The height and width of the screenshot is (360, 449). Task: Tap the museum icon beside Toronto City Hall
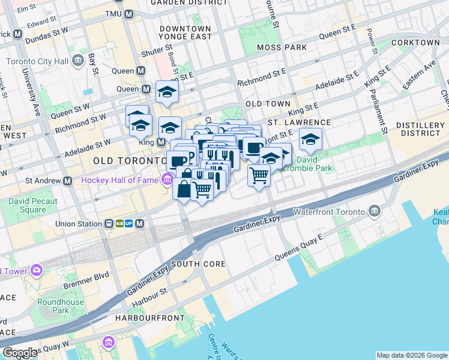[77, 61]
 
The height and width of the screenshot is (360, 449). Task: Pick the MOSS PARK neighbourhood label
[281, 47]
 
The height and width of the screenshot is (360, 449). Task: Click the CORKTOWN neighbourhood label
[415, 43]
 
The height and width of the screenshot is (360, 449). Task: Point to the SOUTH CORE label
[198, 264]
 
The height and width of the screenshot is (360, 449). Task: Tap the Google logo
[20, 353]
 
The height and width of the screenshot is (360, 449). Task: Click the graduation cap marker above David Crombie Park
[310, 139]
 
